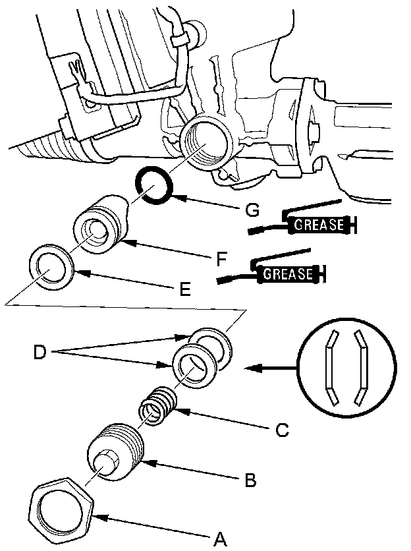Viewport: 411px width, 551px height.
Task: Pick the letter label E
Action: pos(185,289)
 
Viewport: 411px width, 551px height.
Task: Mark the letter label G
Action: pos(250,210)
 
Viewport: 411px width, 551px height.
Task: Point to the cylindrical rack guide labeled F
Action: pos(99,225)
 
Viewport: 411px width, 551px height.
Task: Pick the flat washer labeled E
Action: pos(51,270)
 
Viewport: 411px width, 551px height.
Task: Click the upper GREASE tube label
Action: pos(319,225)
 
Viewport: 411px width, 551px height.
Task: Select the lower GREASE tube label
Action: pos(288,274)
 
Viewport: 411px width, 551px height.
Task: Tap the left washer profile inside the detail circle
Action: pos(332,366)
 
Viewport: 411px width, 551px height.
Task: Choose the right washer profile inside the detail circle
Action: pos(361,366)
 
